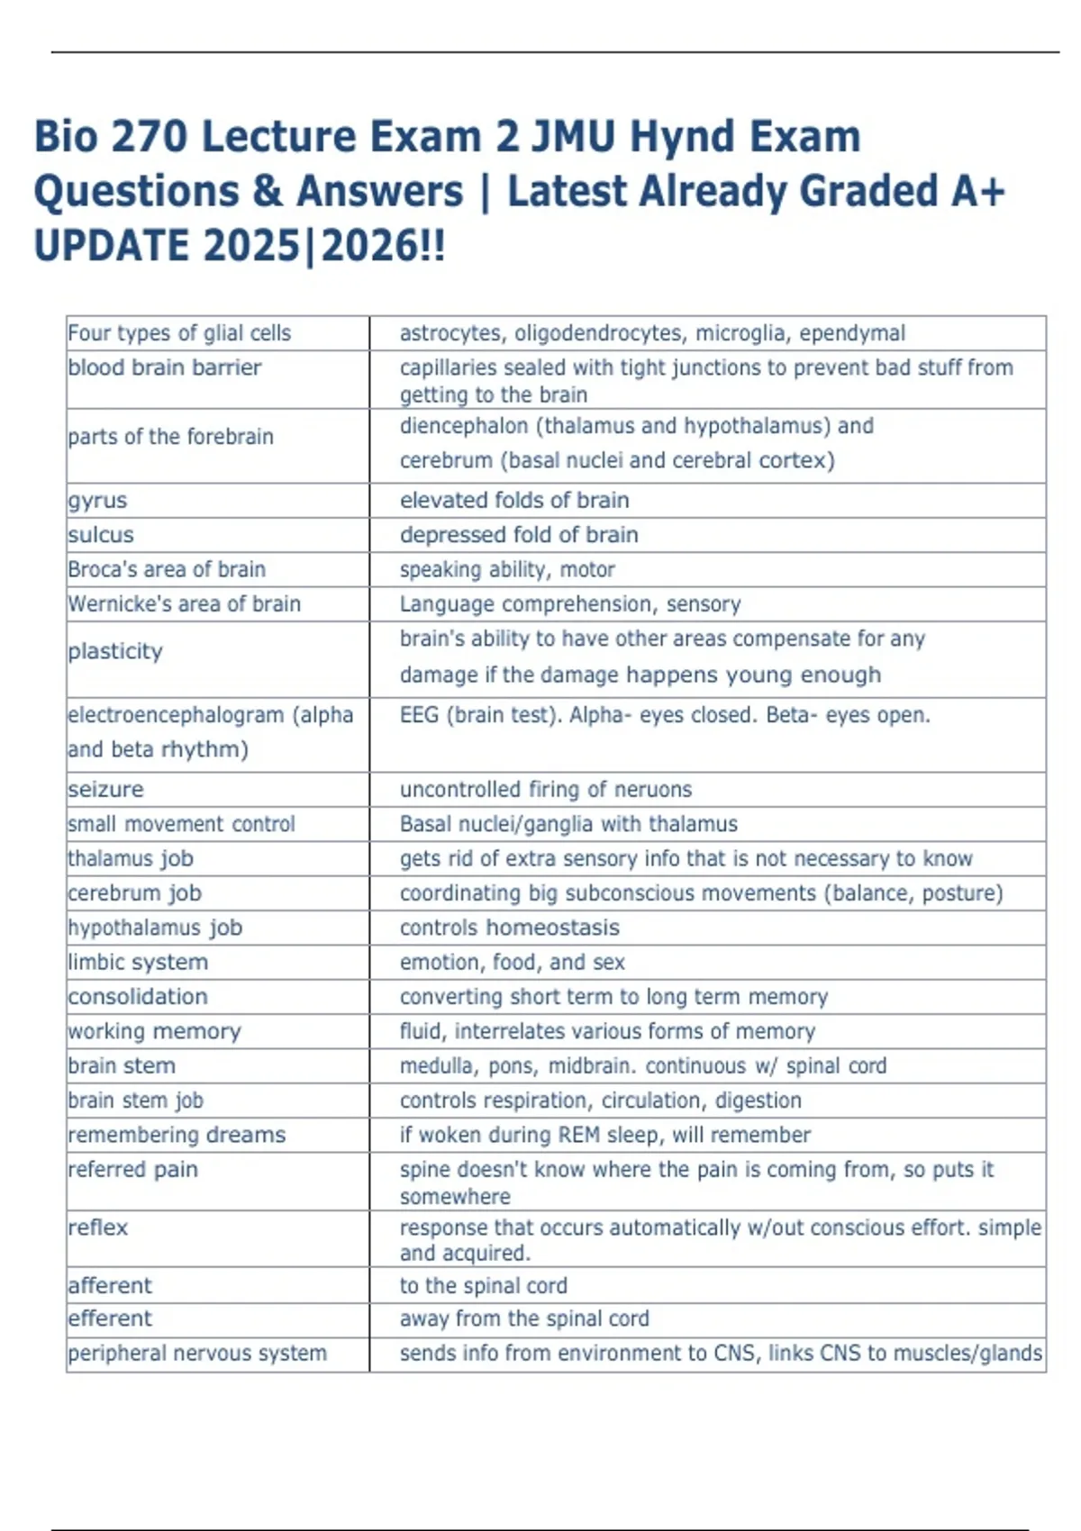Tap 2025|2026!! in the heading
(x=324, y=246)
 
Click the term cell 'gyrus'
(x=97, y=501)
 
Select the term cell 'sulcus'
(x=101, y=535)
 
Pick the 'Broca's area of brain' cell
(x=167, y=570)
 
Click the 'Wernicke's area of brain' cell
(x=185, y=604)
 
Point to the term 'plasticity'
(x=115, y=651)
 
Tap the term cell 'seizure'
(x=105, y=790)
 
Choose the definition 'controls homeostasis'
(x=510, y=928)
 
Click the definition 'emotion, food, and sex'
(x=512, y=963)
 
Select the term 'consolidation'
(x=138, y=997)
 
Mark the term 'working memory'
(x=154, y=1031)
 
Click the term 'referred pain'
(x=132, y=1170)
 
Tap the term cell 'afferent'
(x=110, y=1286)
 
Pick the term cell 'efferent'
(x=110, y=1319)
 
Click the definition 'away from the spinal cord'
(x=524, y=1319)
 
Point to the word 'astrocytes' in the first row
(x=450, y=333)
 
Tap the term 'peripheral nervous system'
(x=197, y=1354)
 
